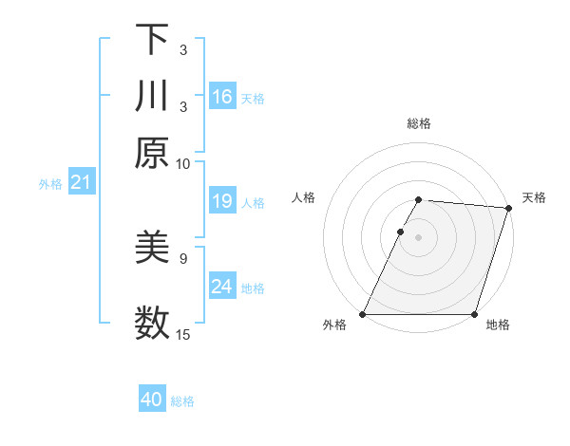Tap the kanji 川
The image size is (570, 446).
[x=152, y=96]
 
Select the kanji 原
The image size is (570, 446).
[x=152, y=152]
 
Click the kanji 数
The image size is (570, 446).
[x=152, y=321]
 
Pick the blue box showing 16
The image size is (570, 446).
[x=222, y=97]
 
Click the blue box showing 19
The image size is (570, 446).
[x=222, y=201]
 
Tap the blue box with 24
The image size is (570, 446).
[x=222, y=287]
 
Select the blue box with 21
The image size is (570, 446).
[x=80, y=182]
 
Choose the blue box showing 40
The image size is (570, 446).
[x=152, y=400]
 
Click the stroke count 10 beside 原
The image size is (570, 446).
[x=183, y=163]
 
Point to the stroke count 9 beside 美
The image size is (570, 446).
[x=183, y=257]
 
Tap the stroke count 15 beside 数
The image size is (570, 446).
[x=183, y=333]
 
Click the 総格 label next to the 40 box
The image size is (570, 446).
[x=182, y=401]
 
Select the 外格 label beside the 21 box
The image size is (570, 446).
[x=50, y=184]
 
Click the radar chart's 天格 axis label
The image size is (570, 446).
[x=534, y=197]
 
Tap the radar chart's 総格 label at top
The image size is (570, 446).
[x=419, y=123]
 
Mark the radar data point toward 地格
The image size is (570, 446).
[x=475, y=314]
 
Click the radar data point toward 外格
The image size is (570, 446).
[x=363, y=314]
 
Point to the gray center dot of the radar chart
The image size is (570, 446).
[x=419, y=236]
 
